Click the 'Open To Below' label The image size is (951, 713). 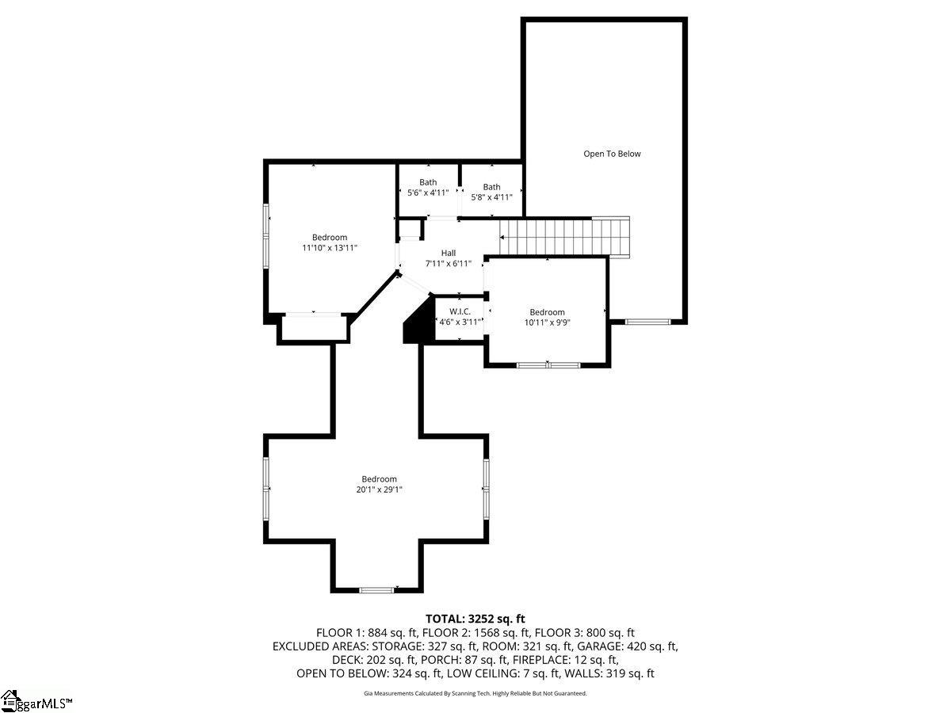point(612,154)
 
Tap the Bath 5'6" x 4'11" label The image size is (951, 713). point(428,188)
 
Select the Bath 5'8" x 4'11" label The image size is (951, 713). point(491,193)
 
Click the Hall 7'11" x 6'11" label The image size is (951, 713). point(448,258)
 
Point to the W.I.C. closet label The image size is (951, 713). point(460,317)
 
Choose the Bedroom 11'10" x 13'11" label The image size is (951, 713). point(329,242)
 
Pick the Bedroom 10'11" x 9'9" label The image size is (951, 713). point(547,317)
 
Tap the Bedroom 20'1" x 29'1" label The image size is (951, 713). point(379,484)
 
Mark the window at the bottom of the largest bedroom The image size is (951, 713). point(376,589)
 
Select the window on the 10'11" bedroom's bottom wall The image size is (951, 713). point(548,364)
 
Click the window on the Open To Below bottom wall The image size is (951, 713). point(647,322)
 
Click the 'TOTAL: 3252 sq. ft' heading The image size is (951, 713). point(475,619)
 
